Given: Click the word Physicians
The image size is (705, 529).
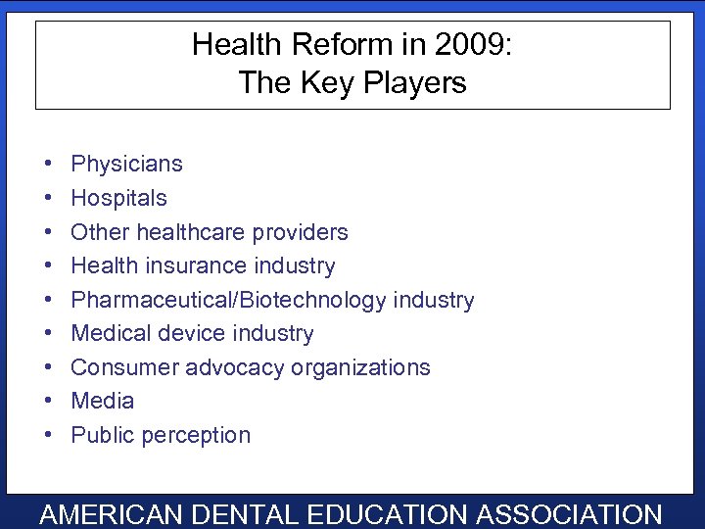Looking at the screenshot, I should coord(126,164).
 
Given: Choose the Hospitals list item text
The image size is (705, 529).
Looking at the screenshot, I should coord(118,198).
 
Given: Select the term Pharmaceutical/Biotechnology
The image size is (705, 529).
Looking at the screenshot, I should coord(228,300).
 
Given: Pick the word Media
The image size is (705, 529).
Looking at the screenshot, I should coord(102,401).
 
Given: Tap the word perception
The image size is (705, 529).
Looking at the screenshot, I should coord(201,435).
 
